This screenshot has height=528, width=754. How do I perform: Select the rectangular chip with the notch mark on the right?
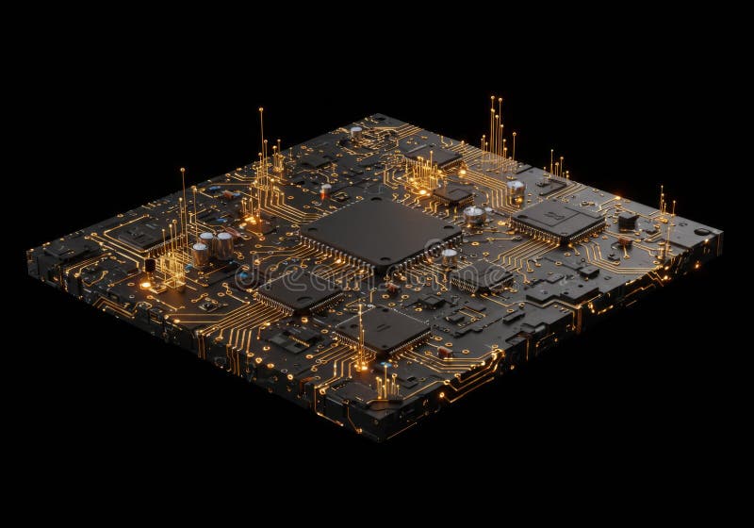[x=558, y=221]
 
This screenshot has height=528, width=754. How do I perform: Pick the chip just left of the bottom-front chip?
[x=298, y=291]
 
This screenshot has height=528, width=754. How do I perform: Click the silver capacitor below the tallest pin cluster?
[x=516, y=190]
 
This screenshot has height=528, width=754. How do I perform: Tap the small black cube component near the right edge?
[x=627, y=220]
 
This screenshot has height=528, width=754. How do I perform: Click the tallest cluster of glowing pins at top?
[x=497, y=132]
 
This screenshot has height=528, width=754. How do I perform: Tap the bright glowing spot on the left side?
[x=145, y=284]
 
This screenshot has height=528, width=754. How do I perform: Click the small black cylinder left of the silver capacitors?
[x=149, y=265]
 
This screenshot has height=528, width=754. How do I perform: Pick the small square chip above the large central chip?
[x=453, y=193]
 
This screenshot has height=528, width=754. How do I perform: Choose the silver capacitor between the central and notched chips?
[x=474, y=215]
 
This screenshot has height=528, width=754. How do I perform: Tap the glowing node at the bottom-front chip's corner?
[x=360, y=363]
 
